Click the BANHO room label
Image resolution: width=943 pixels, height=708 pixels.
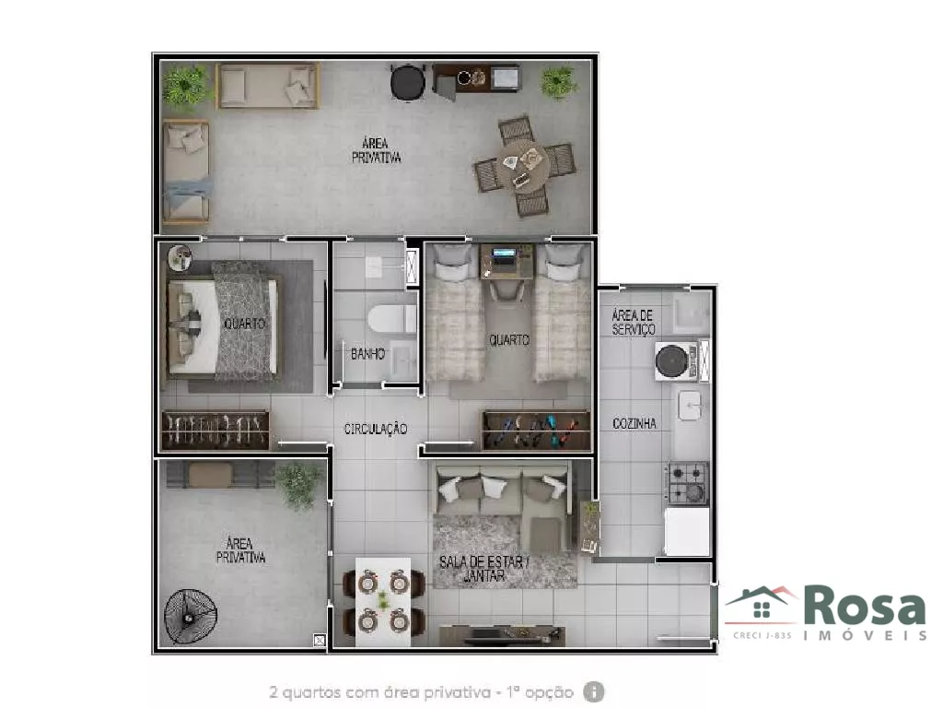pos(367,353)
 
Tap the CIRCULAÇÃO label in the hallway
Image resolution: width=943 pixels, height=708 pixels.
pos(376,429)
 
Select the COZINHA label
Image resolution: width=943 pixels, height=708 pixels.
pos(634,423)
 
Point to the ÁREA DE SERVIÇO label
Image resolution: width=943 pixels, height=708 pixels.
pos(634,322)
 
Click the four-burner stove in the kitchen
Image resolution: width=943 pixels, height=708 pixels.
pos(687,483)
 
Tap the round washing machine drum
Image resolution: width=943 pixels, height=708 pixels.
pos(671,361)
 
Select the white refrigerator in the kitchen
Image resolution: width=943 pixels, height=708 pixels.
pos(687,532)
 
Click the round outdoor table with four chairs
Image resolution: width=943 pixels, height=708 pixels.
pos(524,165)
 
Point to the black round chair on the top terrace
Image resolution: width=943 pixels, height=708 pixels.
pos(408,82)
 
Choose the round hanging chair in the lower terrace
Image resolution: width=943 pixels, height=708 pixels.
pos(190,615)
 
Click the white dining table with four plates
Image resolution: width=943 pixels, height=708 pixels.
pos(383,602)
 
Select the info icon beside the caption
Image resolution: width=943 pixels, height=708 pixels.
pos(594,691)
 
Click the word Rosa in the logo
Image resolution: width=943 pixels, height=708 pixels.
pos(865,608)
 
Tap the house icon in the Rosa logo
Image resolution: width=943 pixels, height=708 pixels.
pos(761,605)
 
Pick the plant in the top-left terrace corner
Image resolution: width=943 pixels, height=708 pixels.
pos(185,86)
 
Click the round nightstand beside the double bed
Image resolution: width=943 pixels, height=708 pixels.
pos(180,257)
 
